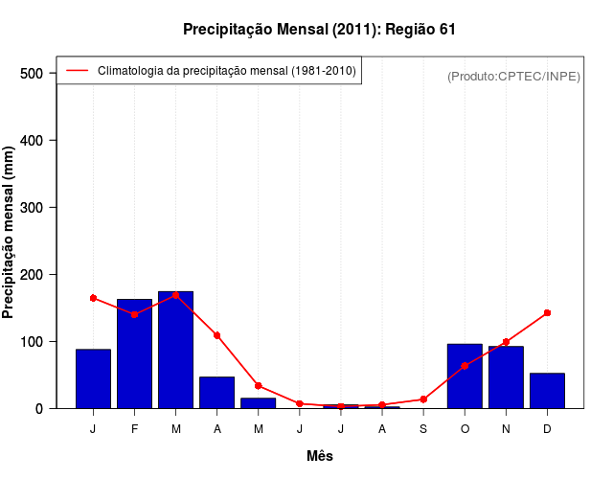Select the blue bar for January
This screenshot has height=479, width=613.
tap(93, 379)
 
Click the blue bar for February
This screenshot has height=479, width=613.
tap(134, 354)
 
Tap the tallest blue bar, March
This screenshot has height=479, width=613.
tap(175, 350)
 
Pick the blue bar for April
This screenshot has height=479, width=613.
tap(216, 393)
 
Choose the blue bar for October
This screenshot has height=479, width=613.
tap(465, 376)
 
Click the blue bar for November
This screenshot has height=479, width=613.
tap(506, 377)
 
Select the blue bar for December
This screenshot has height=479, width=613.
tap(547, 391)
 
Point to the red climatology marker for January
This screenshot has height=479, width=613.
tap(93, 298)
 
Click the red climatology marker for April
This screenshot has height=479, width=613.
tap(216, 335)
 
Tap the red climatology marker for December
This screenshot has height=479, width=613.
tap(547, 312)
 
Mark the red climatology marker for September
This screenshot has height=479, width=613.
tap(423, 399)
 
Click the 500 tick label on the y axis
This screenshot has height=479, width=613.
tap(33, 74)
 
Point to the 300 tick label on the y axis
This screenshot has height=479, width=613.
tap(33, 208)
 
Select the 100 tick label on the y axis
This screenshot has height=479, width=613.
tap(33, 342)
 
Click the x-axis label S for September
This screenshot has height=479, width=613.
tap(423, 429)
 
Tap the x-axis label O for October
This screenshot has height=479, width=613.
tap(465, 429)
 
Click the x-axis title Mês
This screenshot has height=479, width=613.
tap(320, 456)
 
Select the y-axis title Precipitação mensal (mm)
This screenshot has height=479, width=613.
tap(10, 233)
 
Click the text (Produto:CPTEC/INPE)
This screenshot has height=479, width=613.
tap(514, 76)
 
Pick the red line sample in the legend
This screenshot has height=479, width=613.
tap(77, 70)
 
